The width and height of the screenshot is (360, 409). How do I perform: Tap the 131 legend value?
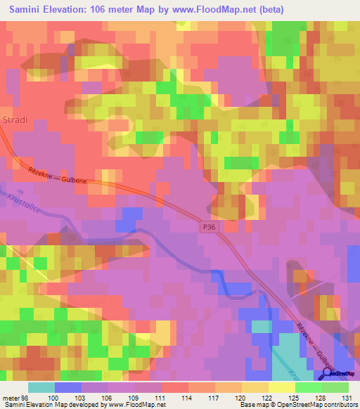coord(347,397)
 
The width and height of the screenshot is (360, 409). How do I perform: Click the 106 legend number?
coord(108,397)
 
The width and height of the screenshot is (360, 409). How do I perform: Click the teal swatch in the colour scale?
coord(41,387)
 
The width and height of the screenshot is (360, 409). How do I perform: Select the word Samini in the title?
coord(25,10)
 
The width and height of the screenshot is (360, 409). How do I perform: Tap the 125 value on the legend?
coord(295,397)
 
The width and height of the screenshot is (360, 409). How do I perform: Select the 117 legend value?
coord(214,397)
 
